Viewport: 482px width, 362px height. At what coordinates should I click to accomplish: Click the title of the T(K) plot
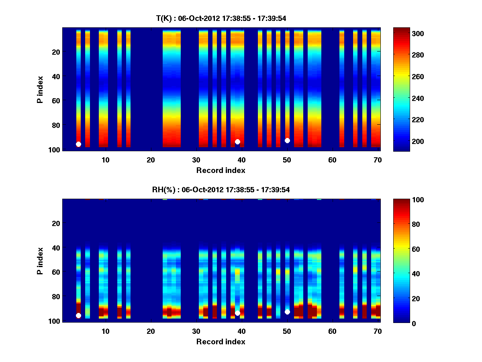[x=221, y=18]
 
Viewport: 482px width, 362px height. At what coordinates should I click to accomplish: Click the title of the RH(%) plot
[x=221, y=189]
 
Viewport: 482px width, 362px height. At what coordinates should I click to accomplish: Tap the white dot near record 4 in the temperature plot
[x=78, y=144]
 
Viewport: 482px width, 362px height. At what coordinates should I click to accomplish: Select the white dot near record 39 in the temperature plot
[x=237, y=142]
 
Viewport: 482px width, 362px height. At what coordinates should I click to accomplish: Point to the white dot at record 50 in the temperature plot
[x=287, y=140]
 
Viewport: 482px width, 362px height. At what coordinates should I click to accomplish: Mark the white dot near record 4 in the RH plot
[x=78, y=316]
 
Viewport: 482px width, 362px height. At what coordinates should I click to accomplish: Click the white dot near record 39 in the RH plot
[x=237, y=313]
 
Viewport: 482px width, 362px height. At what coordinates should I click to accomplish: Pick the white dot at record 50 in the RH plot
[x=287, y=312]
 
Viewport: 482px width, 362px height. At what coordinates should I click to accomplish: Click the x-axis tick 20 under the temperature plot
[x=151, y=160]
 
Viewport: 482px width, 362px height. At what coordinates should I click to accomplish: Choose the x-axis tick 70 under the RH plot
[x=377, y=331]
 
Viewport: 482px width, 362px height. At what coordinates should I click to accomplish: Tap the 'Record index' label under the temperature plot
[x=221, y=170]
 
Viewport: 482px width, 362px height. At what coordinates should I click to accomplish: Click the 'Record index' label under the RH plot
[x=221, y=341]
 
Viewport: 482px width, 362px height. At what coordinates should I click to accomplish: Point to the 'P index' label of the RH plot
[x=40, y=260]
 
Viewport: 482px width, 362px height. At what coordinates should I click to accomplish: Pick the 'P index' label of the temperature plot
[x=40, y=89]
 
